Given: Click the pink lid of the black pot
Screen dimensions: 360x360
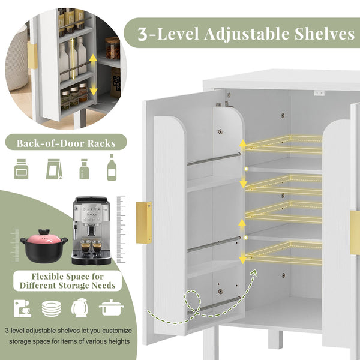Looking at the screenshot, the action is (44, 239).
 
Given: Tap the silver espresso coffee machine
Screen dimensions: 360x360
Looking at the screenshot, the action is (92, 230).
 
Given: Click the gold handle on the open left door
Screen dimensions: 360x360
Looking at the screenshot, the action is (144, 223).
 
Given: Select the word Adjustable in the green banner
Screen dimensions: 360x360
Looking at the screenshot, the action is (247, 34).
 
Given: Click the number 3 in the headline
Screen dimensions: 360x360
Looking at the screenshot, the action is (142, 34).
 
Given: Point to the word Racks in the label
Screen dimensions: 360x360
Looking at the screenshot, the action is (101, 143).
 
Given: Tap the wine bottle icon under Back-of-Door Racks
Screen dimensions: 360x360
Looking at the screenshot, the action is (112, 167).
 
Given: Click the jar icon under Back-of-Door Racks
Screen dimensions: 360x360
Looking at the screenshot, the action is (22, 169).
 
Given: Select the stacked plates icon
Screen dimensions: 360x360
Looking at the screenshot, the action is (51, 308).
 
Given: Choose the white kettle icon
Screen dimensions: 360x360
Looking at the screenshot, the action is (80, 308).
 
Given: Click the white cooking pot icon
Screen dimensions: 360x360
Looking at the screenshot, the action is (112, 308).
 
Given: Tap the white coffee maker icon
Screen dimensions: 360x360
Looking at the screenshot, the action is (22, 308).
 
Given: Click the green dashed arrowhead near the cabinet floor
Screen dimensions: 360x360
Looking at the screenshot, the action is (253, 273).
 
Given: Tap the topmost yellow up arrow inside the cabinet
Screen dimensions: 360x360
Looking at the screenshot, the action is (243, 143).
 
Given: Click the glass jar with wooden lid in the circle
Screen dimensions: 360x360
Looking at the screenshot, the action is (113, 48).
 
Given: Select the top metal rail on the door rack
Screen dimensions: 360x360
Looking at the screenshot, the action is (214, 159).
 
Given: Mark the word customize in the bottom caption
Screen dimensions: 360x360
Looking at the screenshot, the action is (117, 331).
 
